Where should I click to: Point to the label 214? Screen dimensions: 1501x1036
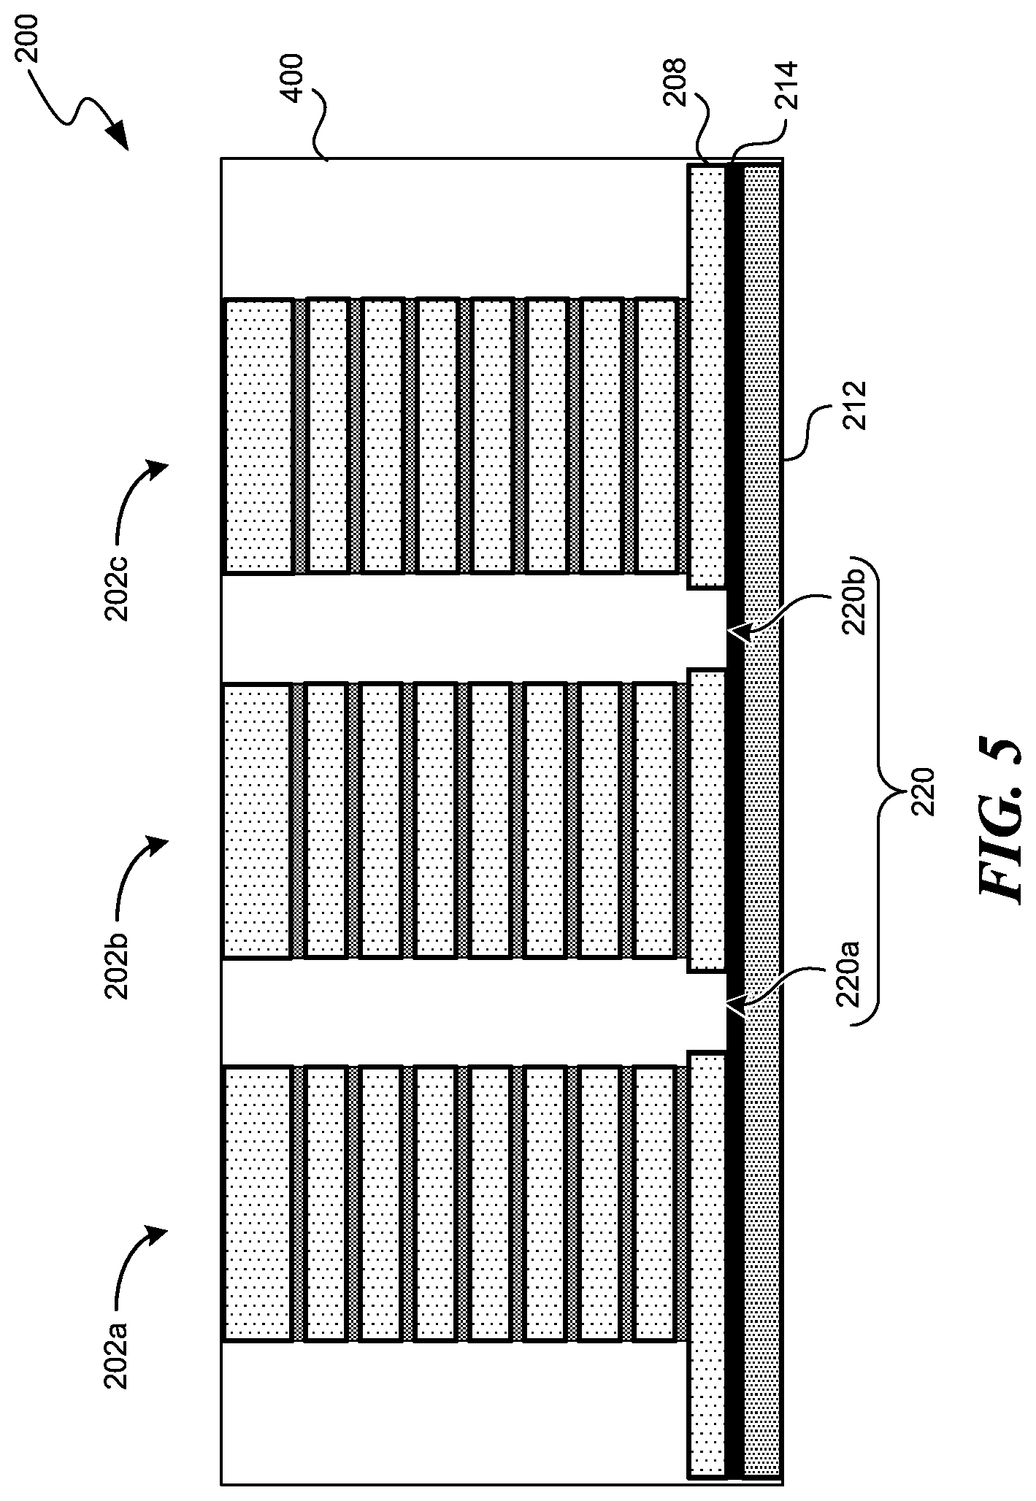788,87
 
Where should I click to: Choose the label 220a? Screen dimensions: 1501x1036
850,975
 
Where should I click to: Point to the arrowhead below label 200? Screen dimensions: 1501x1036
118,138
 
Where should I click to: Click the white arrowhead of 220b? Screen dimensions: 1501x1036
737,632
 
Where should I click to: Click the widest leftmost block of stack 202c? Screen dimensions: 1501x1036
258,436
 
